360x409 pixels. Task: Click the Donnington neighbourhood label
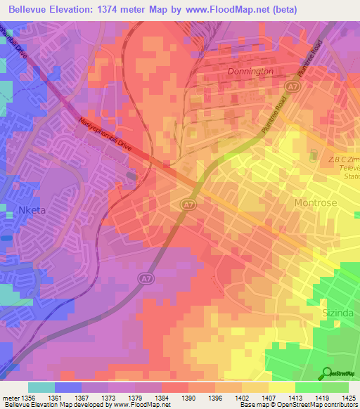(250, 72)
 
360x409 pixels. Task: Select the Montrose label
(312, 202)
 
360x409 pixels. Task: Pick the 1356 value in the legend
(27, 397)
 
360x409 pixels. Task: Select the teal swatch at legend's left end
(41, 387)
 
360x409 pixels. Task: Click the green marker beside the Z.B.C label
(314, 154)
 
